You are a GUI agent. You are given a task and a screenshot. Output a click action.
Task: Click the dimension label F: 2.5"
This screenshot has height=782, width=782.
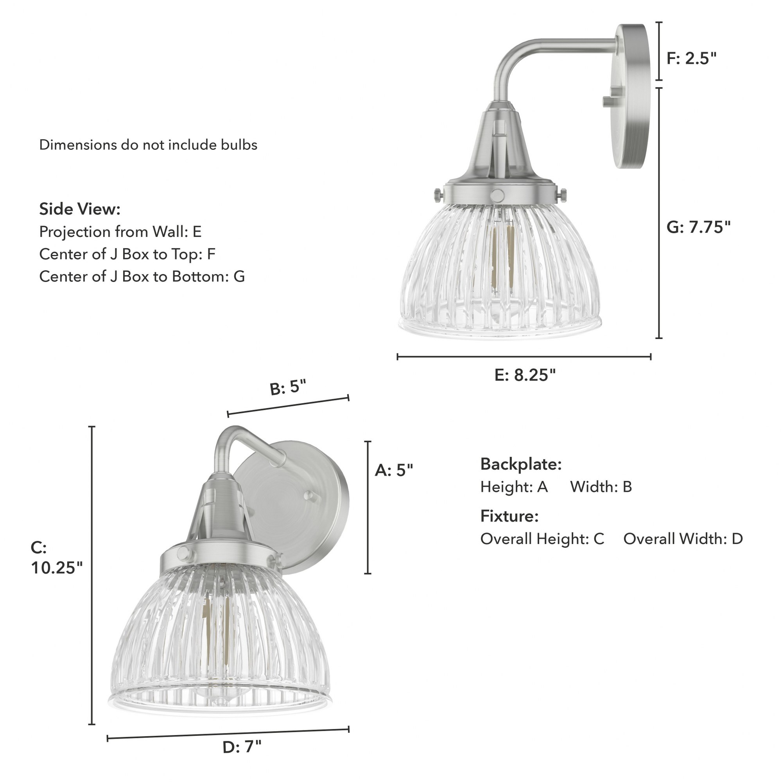(691, 59)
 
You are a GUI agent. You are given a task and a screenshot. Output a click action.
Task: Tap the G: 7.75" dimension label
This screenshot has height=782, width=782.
(699, 228)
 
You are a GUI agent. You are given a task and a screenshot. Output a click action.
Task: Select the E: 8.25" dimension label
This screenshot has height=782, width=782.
(525, 376)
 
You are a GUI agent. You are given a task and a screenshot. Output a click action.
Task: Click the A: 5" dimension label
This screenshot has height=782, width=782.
(394, 470)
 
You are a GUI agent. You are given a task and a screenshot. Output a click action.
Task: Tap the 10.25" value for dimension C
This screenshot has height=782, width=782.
(57, 568)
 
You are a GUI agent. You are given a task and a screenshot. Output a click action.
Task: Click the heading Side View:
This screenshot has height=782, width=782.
(80, 209)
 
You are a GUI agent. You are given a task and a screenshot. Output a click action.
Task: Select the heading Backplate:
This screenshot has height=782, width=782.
(521, 464)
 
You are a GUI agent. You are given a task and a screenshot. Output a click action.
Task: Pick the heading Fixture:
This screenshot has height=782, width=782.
(509, 516)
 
